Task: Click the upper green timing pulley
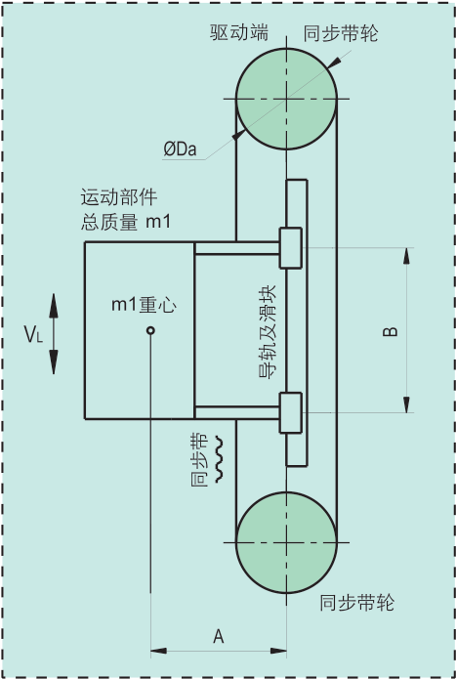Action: (286, 99)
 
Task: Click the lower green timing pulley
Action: (286, 542)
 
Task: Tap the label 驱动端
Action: (239, 32)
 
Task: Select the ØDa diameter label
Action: (180, 149)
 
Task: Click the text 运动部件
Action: (119, 197)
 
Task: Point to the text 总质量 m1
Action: (125, 222)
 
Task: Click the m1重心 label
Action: (145, 305)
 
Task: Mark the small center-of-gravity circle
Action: (150, 331)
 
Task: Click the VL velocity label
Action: (33, 334)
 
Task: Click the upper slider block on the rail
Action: (291, 248)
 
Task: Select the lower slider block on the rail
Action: (291, 412)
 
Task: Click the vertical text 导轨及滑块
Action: (267, 332)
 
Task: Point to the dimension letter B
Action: (391, 331)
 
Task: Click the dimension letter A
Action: (219, 637)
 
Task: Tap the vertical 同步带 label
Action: (199, 459)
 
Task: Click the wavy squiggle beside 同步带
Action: (219, 459)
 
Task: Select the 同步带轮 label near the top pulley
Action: (341, 33)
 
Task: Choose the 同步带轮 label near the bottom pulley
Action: (357, 603)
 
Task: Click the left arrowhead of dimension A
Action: (158, 651)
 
